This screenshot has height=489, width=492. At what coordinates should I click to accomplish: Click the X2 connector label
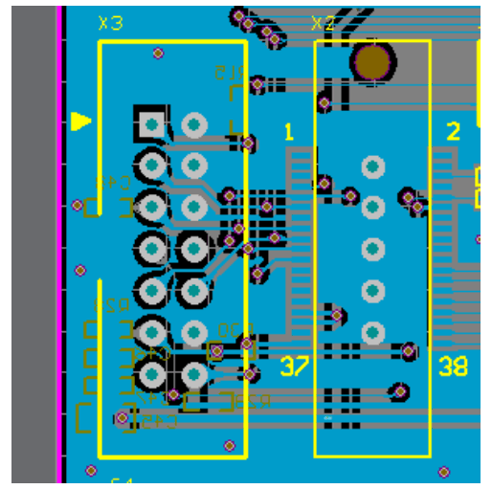(324, 23)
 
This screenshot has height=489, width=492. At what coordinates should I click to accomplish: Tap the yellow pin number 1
(289, 131)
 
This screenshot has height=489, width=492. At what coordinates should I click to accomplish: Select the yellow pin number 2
(454, 131)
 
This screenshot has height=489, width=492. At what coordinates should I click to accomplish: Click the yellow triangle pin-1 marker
(81, 122)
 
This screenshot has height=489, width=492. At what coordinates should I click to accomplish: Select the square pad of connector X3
(151, 123)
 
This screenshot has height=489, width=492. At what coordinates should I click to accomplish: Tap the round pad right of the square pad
(194, 123)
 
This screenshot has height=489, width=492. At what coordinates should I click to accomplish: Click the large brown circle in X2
(372, 61)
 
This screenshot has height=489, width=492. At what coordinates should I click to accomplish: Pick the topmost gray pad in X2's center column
(373, 167)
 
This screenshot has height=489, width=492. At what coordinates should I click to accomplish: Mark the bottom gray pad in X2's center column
(373, 332)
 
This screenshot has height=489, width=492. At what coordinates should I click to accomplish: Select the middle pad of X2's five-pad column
(373, 250)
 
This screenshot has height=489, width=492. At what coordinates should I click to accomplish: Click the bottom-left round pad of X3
(151, 373)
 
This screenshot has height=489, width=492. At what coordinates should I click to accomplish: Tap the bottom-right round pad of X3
(194, 373)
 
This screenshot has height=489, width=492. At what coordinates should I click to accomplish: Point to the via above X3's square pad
(158, 54)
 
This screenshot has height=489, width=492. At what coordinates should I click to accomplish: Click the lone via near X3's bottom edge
(229, 445)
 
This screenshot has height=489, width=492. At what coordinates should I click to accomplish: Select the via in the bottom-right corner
(443, 471)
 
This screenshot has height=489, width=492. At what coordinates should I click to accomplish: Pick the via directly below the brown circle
(324, 101)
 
